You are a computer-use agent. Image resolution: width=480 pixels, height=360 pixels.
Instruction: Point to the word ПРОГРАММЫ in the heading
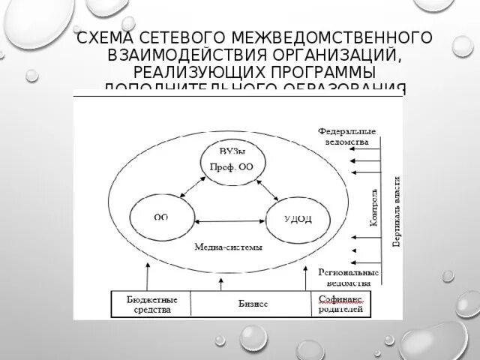pyautogui.click(x=318, y=71)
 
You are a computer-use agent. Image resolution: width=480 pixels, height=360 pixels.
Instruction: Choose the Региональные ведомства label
pyautogui.click(x=349, y=277)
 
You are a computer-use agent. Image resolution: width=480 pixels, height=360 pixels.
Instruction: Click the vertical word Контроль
pyautogui.click(x=374, y=210)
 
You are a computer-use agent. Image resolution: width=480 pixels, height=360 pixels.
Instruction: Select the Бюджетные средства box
pyautogui.click(x=150, y=303)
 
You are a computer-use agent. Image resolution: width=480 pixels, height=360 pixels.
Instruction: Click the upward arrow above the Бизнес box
pyautogui.click(x=220, y=283)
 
